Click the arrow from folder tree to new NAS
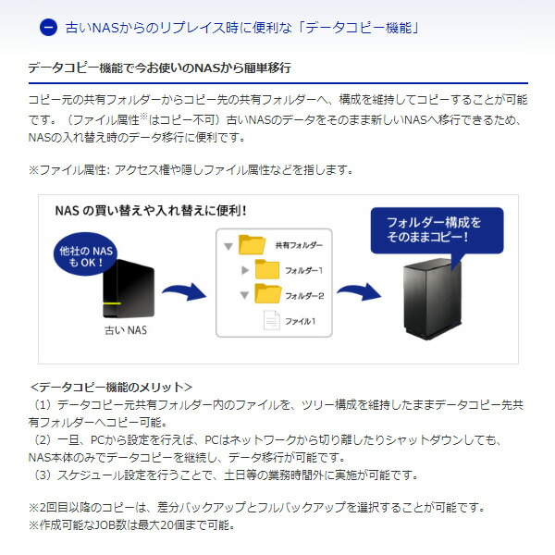[x=358, y=294]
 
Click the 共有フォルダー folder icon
[x=251, y=245]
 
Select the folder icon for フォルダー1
[x=267, y=269]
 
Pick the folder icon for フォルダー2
[x=267, y=294]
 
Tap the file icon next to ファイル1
[x=272, y=320]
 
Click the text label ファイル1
[x=300, y=321]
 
